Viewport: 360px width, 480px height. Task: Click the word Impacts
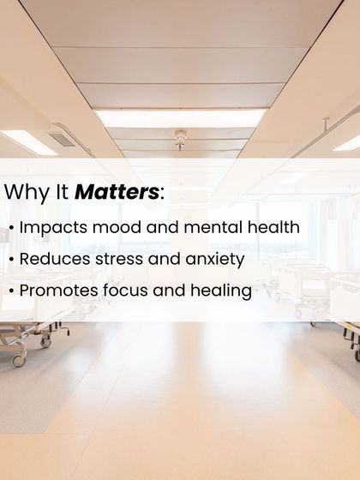[x=53, y=228]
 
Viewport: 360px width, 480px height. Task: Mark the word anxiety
[x=214, y=260]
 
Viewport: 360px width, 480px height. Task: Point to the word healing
[x=221, y=291]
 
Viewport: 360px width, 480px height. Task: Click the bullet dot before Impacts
[x=10, y=229]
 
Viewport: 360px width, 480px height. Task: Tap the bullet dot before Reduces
[x=10, y=260]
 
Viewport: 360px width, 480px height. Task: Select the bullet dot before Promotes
[x=10, y=291]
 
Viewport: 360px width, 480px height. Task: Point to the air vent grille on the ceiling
[x=63, y=139]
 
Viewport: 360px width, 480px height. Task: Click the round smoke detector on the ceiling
[x=180, y=135]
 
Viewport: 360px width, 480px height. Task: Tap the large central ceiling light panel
[x=180, y=117]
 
